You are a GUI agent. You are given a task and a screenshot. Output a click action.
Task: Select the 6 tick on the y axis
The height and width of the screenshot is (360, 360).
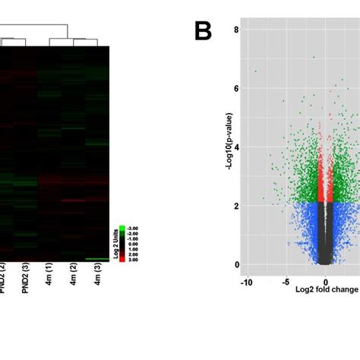coord(235,89)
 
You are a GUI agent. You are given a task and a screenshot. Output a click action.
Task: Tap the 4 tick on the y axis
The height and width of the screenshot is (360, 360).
coord(235,147)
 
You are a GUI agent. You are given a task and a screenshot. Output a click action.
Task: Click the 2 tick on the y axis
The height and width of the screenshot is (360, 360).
coord(235,206)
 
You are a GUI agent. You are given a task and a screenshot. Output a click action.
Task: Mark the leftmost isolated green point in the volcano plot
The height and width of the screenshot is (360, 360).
coord(255,71)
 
